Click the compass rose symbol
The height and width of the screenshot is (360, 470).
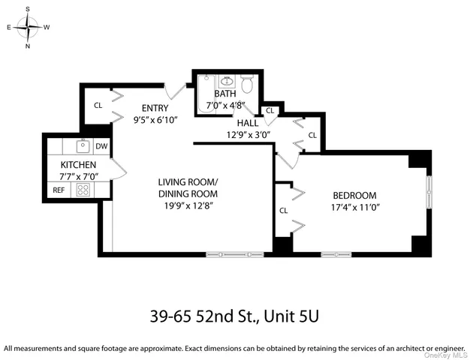(29, 28)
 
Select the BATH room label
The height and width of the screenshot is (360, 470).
(224, 94)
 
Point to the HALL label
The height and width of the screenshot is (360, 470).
(248, 123)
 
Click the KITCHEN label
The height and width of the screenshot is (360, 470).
(78, 165)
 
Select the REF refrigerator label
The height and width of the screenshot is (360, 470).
(59, 190)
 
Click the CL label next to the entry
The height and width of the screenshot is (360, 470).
(98, 106)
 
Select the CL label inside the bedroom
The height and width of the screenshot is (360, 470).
(284, 211)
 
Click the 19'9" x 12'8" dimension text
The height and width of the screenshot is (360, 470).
(188, 206)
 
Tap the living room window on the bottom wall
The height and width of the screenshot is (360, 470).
(235, 254)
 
